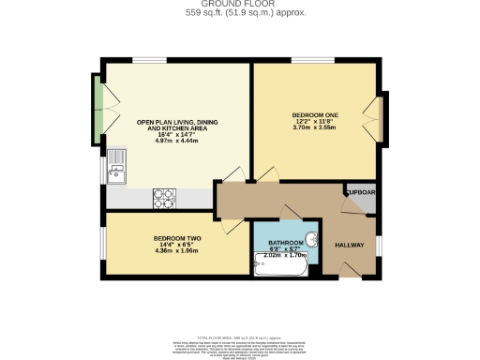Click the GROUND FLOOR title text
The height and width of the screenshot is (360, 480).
tap(241, 4)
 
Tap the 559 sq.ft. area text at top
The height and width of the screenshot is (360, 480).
tap(241, 12)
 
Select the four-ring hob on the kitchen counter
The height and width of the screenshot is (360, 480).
tap(164, 198)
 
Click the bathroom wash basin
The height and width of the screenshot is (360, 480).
tap(311, 237)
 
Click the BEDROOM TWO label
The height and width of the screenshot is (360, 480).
tap(177, 238)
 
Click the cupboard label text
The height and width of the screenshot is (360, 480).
tap(360, 192)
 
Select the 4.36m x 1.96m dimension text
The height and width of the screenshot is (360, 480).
tap(177, 251)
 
